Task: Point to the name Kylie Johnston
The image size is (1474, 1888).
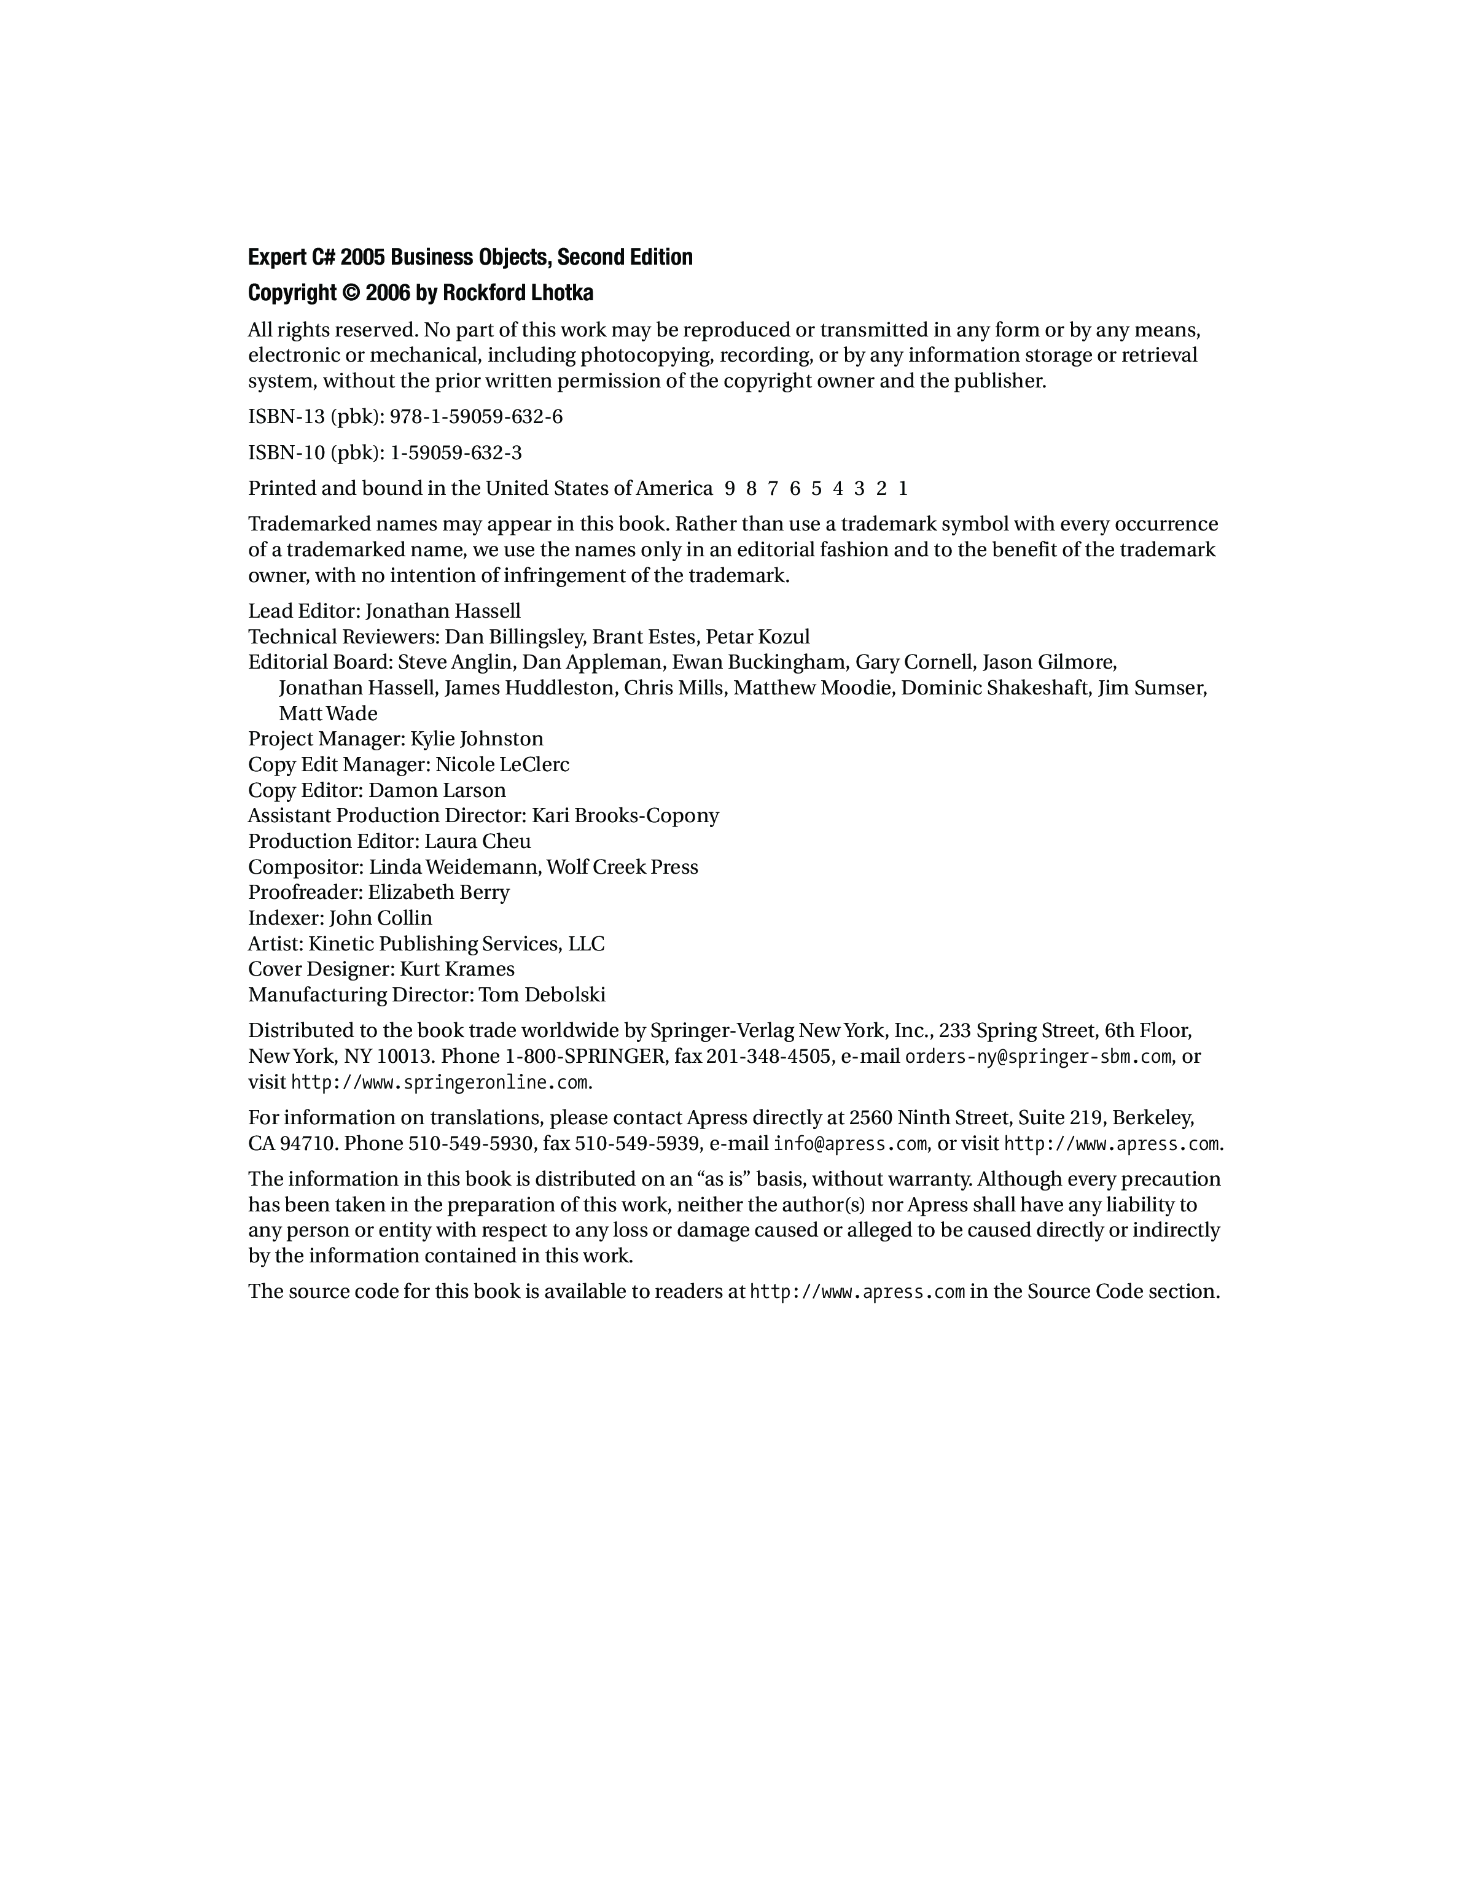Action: (x=477, y=739)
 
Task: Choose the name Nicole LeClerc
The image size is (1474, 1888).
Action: (x=502, y=765)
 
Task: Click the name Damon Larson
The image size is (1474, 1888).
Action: (x=437, y=790)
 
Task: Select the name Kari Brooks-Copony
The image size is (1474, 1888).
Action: (x=625, y=816)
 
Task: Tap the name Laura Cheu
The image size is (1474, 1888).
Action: (x=477, y=841)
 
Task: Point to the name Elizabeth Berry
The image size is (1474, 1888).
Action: (x=439, y=892)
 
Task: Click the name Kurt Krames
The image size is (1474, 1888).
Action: (x=458, y=969)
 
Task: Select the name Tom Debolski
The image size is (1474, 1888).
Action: (x=542, y=995)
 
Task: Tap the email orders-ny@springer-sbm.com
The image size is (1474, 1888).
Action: (x=1037, y=1057)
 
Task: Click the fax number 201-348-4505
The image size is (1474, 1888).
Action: (x=768, y=1057)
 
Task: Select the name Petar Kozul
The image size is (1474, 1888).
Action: (x=758, y=637)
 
